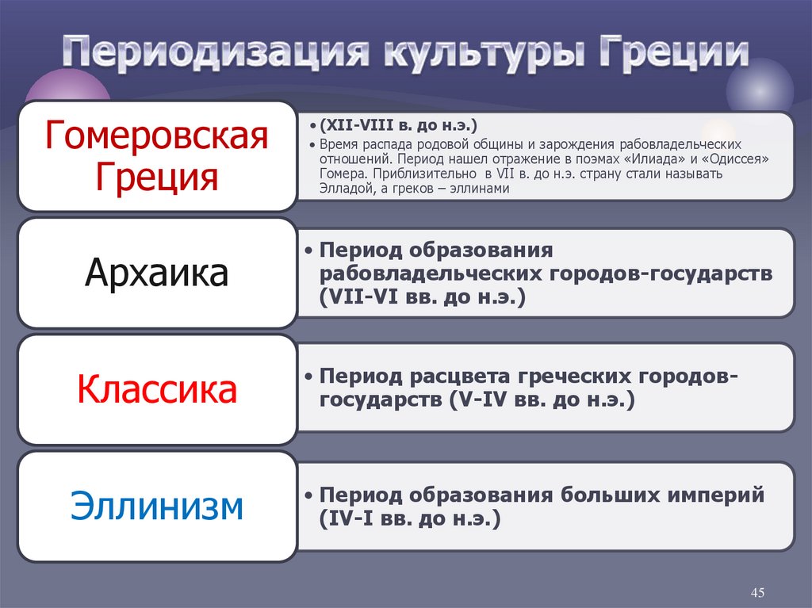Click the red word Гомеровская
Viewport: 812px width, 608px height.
(157, 136)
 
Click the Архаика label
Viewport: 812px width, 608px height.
(157, 273)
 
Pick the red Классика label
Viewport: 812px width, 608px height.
(157, 389)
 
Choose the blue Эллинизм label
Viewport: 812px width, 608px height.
(157, 507)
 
